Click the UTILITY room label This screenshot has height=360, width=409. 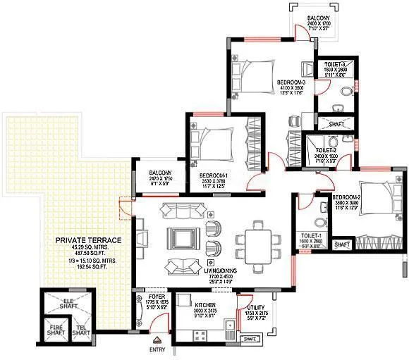point(255,308)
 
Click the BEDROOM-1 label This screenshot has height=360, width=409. point(212,175)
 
